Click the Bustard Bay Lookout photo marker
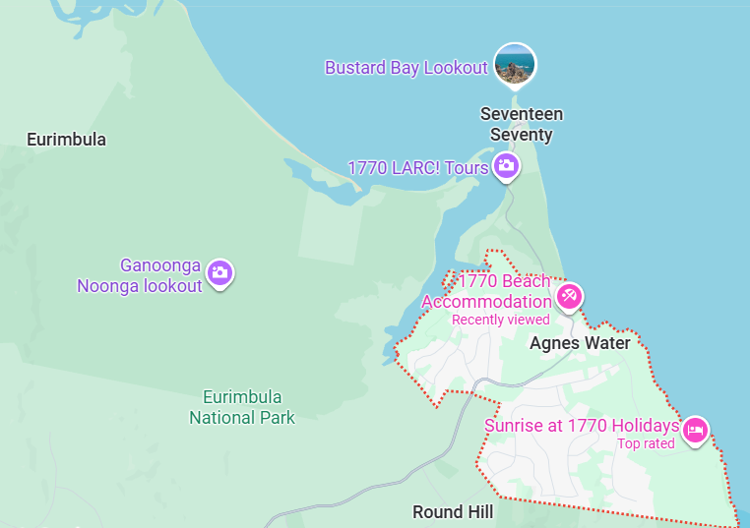point(515,65)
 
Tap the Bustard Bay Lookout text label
point(406,68)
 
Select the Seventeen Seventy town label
point(522,125)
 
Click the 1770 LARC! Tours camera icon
point(506,166)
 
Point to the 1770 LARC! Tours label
point(417,168)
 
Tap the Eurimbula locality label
point(66,140)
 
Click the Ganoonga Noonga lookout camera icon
point(220,273)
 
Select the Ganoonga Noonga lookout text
point(140,275)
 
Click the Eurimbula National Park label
point(242,407)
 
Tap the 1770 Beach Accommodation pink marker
point(569,295)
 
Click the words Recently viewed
point(500,320)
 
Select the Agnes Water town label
point(580,343)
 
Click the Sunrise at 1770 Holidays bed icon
point(696,429)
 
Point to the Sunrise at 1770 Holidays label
point(581,426)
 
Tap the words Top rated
point(646,443)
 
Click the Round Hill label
point(453,512)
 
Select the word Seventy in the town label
point(522,135)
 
